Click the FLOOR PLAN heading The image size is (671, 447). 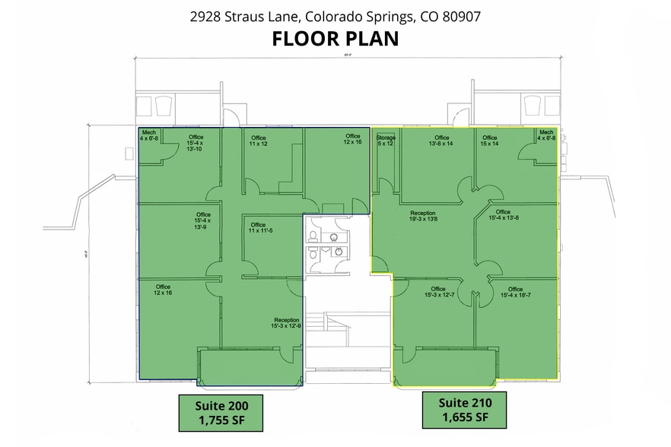(335, 39)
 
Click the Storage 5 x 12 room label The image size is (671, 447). (386, 141)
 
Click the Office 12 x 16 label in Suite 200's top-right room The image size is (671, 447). (352, 139)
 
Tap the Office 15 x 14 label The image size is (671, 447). (489, 141)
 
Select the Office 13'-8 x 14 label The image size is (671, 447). (441, 141)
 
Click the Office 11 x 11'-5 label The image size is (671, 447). (258, 228)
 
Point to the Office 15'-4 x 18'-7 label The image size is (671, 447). (515, 293)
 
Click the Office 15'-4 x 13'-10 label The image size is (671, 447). (195, 143)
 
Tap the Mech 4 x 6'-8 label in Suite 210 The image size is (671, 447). (545, 135)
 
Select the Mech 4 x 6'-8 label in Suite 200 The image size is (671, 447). (149, 135)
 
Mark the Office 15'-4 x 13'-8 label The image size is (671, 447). (503, 215)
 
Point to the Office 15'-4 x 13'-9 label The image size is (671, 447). (202, 221)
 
